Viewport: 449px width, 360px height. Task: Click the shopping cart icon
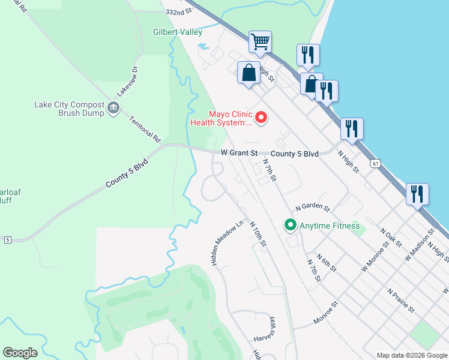(x=260, y=42)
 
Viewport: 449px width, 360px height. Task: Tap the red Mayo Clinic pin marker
(x=261, y=118)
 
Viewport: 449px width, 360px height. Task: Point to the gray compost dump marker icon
(x=113, y=108)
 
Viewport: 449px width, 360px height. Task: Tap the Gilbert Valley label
(x=178, y=32)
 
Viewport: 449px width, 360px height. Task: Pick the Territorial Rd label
(x=145, y=128)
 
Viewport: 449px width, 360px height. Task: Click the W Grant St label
(x=238, y=154)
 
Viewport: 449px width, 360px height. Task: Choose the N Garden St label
(x=313, y=208)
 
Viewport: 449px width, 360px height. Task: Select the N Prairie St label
(x=401, y=300)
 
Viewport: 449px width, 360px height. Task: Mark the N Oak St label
(x=391, y=237)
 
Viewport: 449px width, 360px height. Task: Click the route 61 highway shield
(x=375, y=163)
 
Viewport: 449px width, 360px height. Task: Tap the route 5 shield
(x=7, y=240)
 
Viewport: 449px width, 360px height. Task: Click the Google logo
(x=20, y=353)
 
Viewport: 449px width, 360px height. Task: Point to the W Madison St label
(x=419, y=243)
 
